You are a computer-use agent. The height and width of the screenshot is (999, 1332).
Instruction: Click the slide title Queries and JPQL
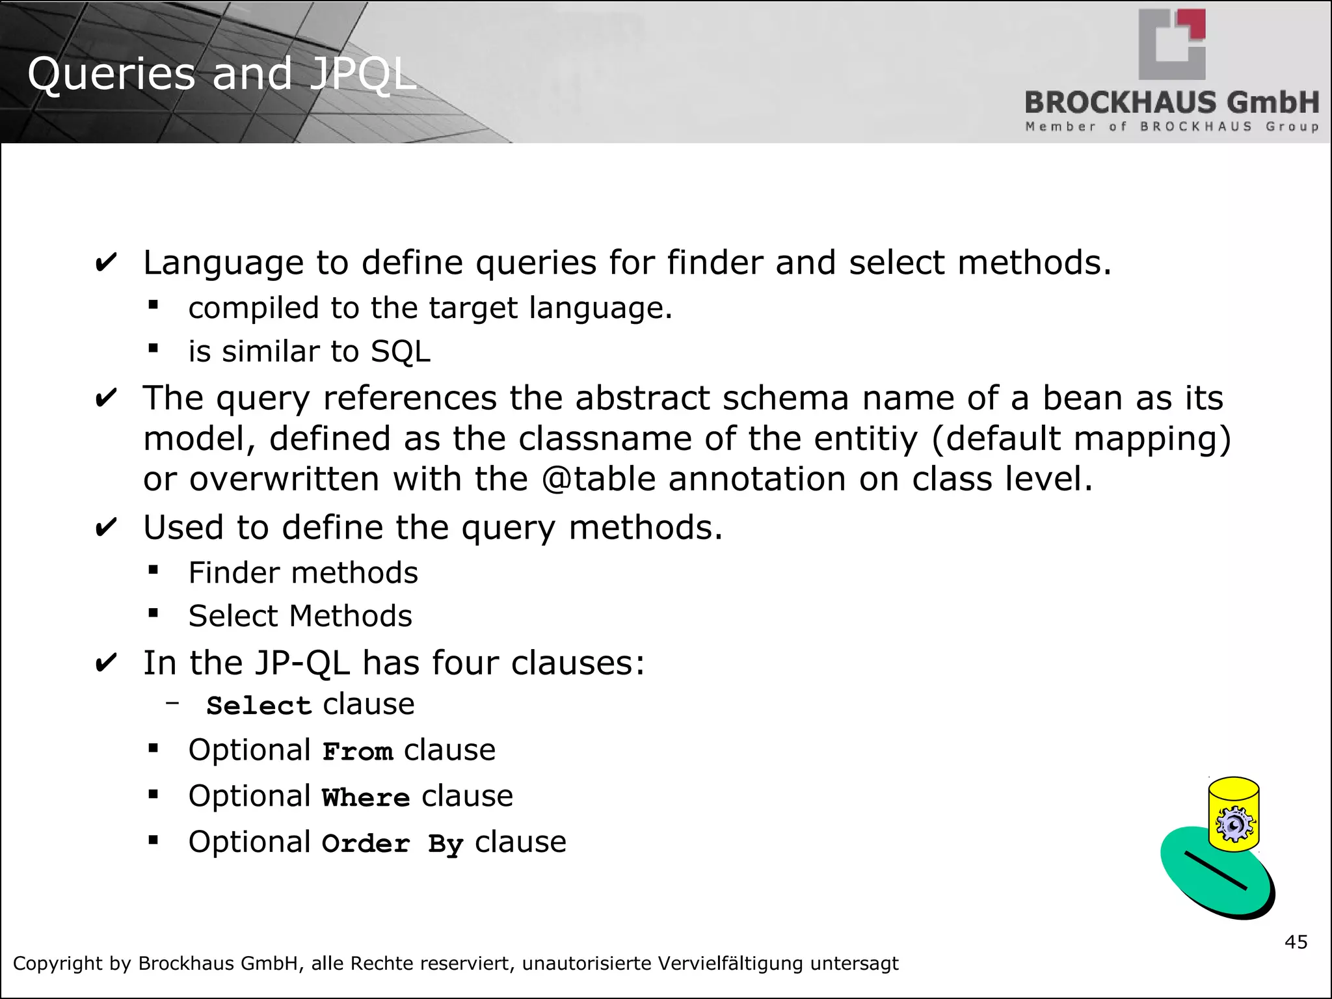click(221, 73)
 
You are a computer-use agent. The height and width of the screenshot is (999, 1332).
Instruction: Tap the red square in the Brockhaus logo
click(1194, 25)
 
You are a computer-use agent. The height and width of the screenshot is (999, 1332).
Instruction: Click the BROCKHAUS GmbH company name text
click(1171, 103)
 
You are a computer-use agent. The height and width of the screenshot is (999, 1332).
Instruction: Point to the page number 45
click(1296, 942)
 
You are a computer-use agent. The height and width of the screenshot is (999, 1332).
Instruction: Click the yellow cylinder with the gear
click(1234, 814)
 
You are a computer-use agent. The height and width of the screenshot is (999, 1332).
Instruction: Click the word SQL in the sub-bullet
click(400, 352)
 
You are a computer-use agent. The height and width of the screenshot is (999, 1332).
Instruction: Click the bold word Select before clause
click(259, 706)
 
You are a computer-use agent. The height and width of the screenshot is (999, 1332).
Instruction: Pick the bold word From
click(358, 752)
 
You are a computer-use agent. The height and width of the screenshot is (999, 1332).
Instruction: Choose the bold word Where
click(366, 798)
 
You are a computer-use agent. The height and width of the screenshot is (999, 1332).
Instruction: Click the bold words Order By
click(392, 844)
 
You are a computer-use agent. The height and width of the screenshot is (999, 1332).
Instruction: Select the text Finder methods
click(303, 573)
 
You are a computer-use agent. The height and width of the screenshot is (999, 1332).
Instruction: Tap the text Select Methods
click(300, 616)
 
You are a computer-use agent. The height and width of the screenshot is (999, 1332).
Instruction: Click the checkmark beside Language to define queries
click(106, 263)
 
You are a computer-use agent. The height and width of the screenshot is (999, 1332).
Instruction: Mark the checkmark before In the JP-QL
click(106, 663)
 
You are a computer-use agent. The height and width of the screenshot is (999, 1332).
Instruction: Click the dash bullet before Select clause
click(172, 702)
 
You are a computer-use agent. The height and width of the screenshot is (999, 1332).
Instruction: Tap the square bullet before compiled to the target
click(153, 304)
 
